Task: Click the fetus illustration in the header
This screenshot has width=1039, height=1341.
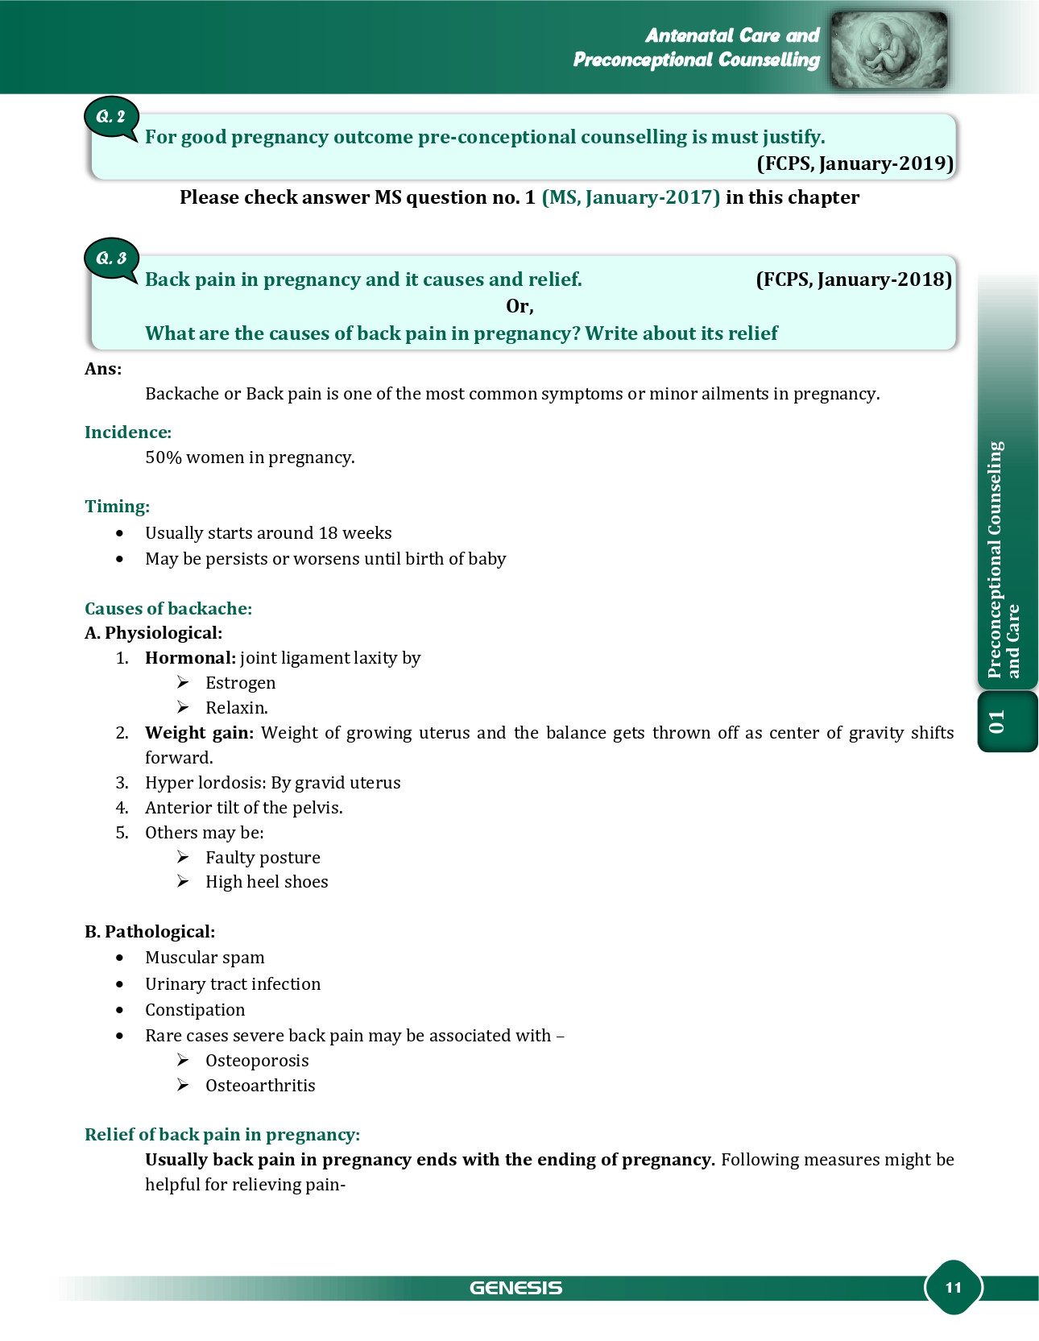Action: click(888, 49)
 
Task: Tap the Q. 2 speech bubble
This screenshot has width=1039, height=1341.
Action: click(111, 118)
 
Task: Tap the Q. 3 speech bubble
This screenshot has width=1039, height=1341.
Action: click(111, 259)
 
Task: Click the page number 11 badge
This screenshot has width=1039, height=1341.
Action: click(953, 1287)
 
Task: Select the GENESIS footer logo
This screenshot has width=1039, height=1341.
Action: click(515, 1288)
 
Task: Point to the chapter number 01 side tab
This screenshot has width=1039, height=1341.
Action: click(998, 722)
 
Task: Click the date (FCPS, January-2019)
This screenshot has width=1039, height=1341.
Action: click(855, 163)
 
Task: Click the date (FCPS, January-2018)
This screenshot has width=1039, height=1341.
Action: click(854, 279)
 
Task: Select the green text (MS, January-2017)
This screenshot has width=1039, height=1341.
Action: click(631, 197)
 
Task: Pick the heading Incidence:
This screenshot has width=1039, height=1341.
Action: click(128, 433)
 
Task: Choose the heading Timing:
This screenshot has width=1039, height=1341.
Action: click(118, 507)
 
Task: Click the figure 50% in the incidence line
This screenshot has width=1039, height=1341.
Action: click(163, 457)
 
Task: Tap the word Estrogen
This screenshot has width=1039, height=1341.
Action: click(240, 683)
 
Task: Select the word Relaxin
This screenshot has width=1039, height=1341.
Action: click(236, 708)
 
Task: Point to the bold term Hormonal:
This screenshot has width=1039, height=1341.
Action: click(190, 658)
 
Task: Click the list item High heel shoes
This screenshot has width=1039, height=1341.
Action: click(267, 882)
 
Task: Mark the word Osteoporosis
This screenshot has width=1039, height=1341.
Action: click(257, 1061)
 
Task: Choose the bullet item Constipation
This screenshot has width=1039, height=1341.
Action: click(195, 1010)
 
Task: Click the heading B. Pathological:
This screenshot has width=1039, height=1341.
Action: click(150, 932)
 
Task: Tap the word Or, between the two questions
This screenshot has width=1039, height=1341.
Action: click(519, 306)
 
